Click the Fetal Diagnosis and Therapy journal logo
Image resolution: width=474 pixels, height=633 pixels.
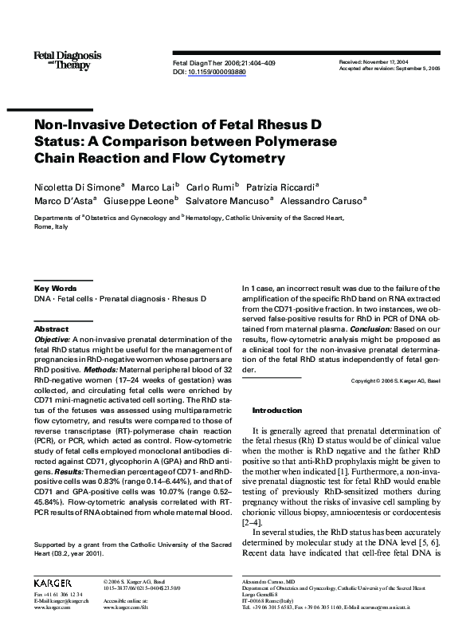coord(67,59)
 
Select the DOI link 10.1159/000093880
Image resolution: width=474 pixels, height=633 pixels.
coord(217,71)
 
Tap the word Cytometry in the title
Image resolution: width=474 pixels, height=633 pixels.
coord(248,158)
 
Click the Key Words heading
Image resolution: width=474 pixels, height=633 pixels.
coord(55,288)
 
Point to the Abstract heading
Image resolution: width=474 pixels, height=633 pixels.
coord(51,328)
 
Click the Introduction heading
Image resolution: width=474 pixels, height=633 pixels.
coord(277,410)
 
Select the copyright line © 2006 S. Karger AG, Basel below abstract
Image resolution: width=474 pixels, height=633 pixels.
coord(395,382)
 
